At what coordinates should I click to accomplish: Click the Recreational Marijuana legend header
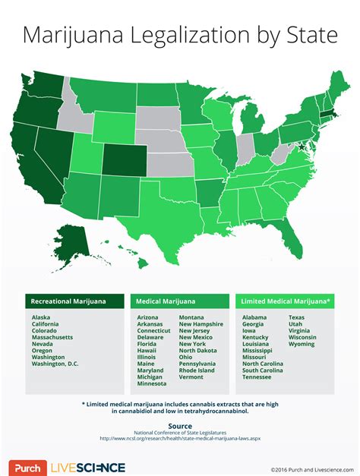pos(68,301)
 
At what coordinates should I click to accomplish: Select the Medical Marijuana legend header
pos(169,301)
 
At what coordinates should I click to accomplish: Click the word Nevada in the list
pos(43,343)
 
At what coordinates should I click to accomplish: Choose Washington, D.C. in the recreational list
pos(55,364)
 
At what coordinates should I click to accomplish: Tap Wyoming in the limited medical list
pos(302,343)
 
